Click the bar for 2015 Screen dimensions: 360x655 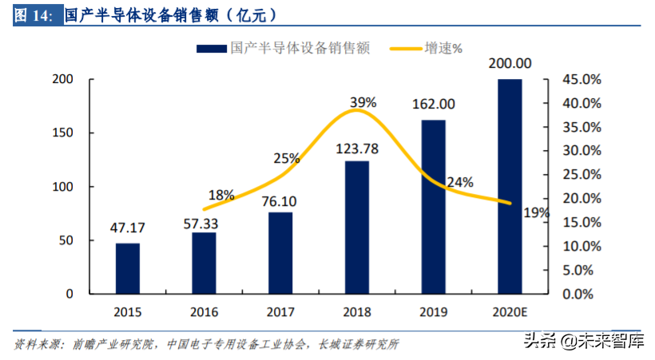(x=127, y=268)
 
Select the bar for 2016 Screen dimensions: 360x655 (x=204, y=263)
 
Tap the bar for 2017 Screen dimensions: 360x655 (x=280, y=252)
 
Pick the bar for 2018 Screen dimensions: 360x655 (x=357, y=227)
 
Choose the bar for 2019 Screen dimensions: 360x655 (x=433, y=206)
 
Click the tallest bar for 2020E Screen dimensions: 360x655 (x=510, y=186)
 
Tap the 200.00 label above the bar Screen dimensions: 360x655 (x=510, y=63)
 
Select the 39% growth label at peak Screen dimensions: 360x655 (x=363, y=101)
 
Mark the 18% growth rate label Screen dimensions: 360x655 (x=221, y=195)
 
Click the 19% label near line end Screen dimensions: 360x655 (x=537, y=213)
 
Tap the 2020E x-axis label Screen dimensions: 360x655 (x=510, y=311)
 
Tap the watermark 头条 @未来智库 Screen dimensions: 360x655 (x=583, y=341)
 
